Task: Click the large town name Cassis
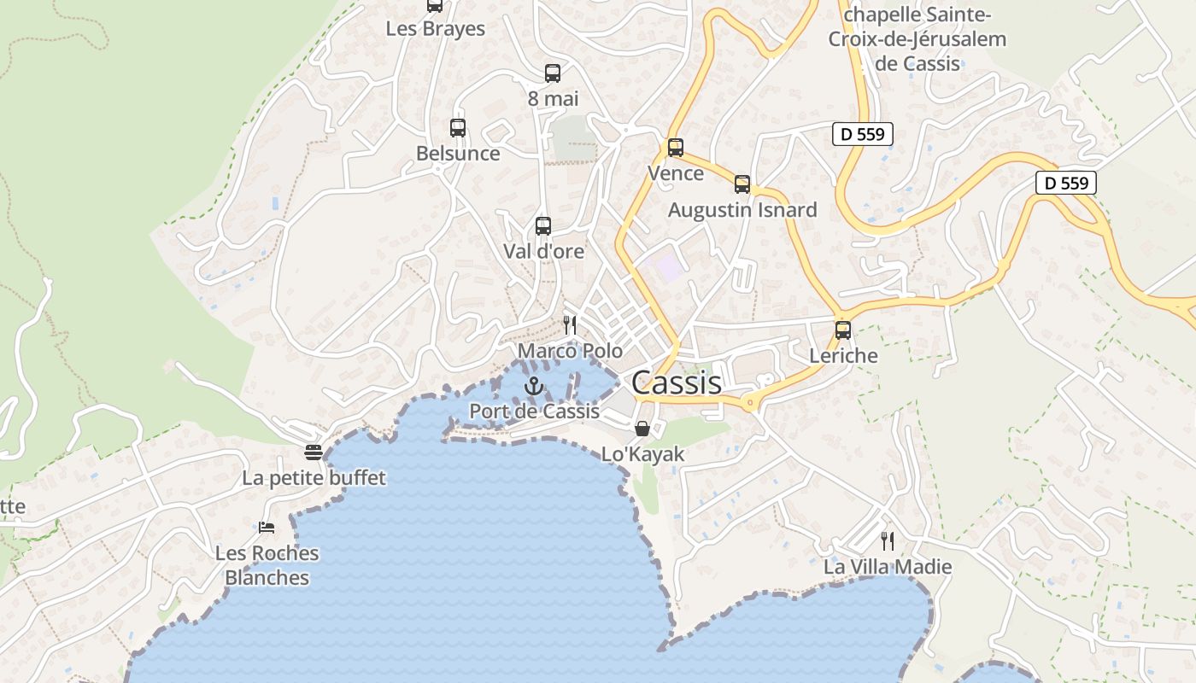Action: click(677, 383)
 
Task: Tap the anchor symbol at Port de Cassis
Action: click(534, 386)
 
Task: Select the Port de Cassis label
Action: click(535, 412)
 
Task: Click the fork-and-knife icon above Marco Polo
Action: click(570, 325)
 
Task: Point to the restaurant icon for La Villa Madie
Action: click(888, 540)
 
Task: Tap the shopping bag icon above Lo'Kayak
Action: click(642, 428)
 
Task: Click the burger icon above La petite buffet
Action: click(314, 452)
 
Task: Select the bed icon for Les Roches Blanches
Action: click(267, 527)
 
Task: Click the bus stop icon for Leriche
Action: click(843, 330)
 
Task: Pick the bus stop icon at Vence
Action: click(676, 148)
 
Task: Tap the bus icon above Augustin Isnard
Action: click(742, 184)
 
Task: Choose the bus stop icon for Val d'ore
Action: click(543, 226)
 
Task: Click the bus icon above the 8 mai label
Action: click(553, 73)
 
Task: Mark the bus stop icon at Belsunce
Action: click(458, 128)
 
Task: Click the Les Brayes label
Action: click(436, 29)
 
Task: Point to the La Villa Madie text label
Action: click(888, 567)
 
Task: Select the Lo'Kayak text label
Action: click(643, 454)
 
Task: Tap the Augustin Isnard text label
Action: click(742, 210)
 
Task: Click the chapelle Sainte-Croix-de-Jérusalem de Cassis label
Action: click(918, 39)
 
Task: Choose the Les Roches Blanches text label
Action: click(267, 565)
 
